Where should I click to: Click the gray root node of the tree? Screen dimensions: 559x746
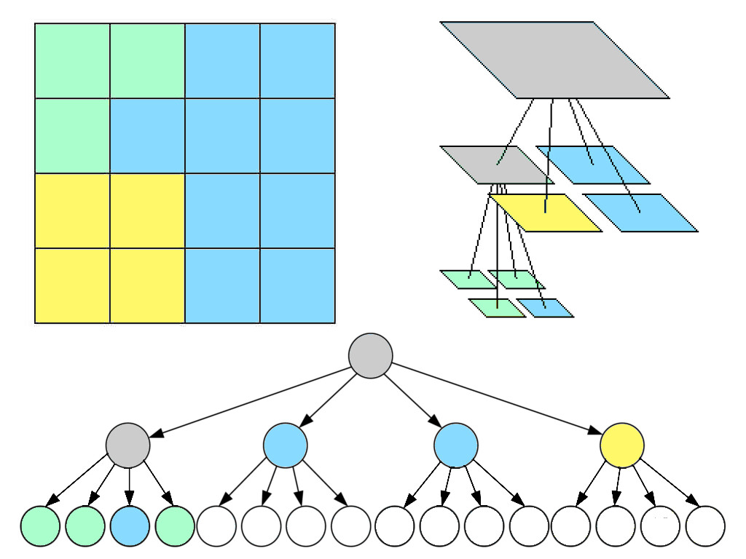[370, 355]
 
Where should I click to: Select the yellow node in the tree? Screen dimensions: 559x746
[621, 445]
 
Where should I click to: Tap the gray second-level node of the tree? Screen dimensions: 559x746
[127, 445]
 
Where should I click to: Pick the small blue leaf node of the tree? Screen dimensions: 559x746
[130, 526]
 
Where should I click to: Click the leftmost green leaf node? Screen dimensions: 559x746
[39, 526]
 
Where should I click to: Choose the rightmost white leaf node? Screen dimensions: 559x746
[705, 526]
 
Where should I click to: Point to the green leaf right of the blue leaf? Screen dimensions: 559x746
[175, 526]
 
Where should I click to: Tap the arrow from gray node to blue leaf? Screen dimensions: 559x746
[130, 484]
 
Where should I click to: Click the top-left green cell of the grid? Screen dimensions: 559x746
[72, 60]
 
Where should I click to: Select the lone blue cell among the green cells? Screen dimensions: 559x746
[146, 135]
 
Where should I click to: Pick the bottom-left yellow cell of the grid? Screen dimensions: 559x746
[72, 285]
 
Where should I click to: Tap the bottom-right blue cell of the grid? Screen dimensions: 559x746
[297, 285]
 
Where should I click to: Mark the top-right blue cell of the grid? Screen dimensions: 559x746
[297, 60]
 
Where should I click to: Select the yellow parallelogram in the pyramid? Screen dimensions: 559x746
[545, 213]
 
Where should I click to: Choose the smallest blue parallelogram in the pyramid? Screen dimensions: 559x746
[545, 308]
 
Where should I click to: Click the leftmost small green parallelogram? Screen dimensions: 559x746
[467, 279]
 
